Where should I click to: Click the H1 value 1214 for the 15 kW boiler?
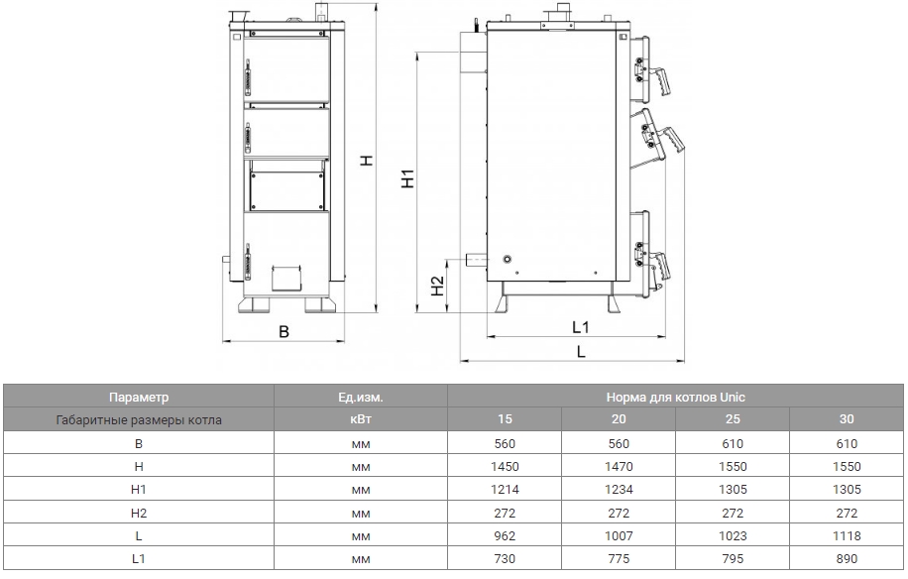[x=505, y=490]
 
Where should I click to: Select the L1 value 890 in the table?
[x=847, y=559]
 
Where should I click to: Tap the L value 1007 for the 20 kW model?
[x=619, y=536]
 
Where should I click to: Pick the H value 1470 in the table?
[x=619, y=467]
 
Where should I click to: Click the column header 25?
[x=733, y=419]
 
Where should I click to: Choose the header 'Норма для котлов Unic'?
[x=675, y=398]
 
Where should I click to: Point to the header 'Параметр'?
[x=139, y=398]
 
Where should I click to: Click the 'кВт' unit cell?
[x=361, y=419]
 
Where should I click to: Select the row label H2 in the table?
[x=139, y=513]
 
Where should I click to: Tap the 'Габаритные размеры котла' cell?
[x=139, y=419]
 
